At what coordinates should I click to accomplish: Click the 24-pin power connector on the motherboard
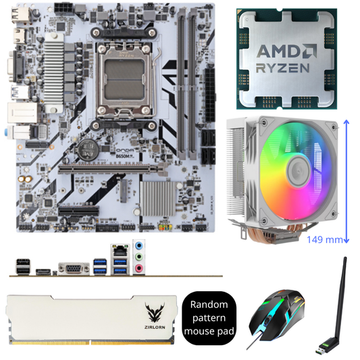(x=212, y=80)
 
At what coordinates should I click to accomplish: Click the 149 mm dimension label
(x=324, y=239)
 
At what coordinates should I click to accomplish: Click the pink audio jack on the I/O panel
(x=139, y=268)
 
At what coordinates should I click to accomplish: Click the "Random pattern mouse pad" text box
(x=209, y=318)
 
